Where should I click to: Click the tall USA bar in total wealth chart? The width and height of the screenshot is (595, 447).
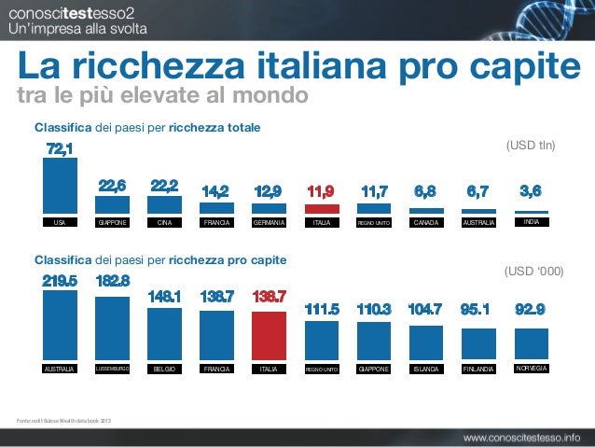tap(61, 186)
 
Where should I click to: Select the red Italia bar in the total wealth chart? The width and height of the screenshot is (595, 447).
tap(322, 209)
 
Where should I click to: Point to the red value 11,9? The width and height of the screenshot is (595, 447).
tap(322, 192)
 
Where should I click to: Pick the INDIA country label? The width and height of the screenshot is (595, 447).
tap(531, 223)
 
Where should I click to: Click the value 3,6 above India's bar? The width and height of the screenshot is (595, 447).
tap(531, 192)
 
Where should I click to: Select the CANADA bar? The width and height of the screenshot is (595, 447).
tap(426, 212)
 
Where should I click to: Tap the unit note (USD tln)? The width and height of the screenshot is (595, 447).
tap(530, 146)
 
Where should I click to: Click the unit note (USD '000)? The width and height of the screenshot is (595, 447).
tap(533, 272)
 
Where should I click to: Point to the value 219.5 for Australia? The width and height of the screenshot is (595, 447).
tap(61, 279)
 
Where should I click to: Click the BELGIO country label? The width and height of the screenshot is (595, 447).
tap(165, 370)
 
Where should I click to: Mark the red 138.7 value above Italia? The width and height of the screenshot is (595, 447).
tap(270, 296)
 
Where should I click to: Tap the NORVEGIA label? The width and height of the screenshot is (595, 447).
tap(531, 369)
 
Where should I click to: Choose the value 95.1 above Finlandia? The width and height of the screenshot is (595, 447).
tap(479, 309)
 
